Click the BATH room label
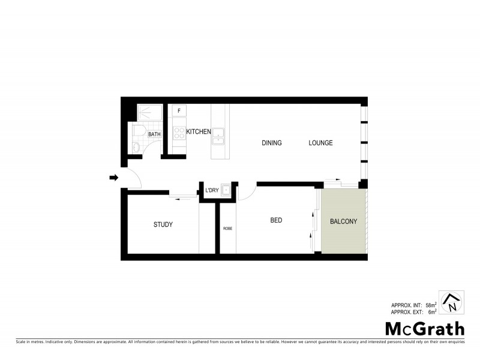154,134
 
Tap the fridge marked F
179,111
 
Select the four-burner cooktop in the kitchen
179,133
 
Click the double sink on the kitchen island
220,139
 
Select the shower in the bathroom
148,113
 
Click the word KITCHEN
198,131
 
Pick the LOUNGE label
320,143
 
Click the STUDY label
163,224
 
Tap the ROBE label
227,229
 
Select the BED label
276,220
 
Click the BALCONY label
343,221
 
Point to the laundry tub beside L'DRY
226,191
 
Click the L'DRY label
211,191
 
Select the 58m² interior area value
430,305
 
